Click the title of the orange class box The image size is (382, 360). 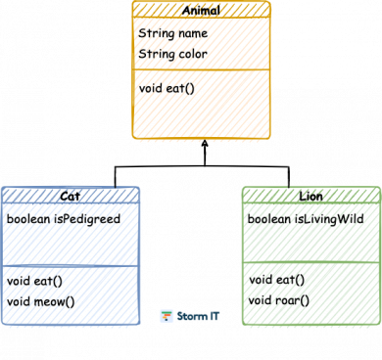coord(201,10)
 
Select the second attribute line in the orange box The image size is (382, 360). coord(172,53)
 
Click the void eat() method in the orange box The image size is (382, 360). coord(168,88)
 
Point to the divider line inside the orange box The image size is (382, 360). coord(201,69)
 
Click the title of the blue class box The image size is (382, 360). coord(70,196)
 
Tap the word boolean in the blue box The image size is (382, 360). coord(30,219)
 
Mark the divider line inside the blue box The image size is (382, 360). coord(70,264)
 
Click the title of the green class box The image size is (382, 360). coord(310,196)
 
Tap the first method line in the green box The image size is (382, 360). coord(275,280)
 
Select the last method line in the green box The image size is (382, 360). coord(278,299)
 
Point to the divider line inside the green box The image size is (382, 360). coord(310,262)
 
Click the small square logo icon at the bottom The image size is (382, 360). coord(167,315)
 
